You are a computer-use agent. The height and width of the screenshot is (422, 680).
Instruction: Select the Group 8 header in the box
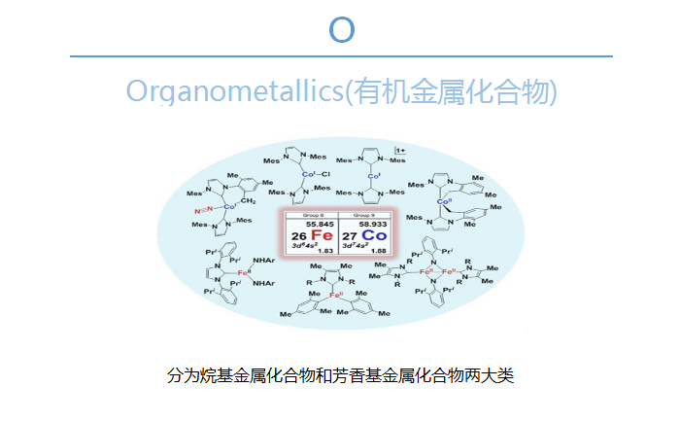pyautogui.click(x=310, y=212)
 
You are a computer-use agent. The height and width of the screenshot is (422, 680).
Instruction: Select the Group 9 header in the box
pyautogui.click(x=364, y=212)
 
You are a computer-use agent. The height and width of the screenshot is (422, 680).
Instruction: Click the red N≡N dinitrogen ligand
pyautogui.click(x=203, y=209)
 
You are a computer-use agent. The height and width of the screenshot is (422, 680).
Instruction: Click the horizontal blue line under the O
pyautogui.click(x=341, y=56)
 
